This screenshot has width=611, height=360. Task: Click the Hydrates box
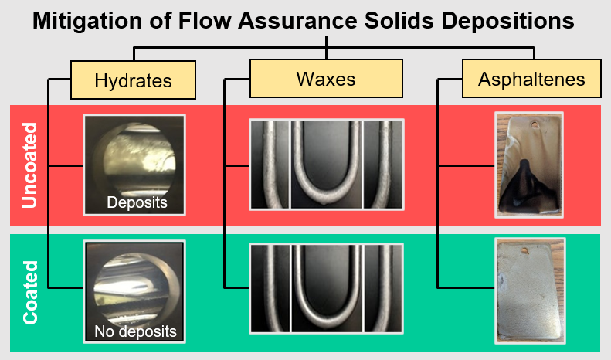[132, 80]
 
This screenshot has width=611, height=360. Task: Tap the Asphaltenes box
[531, 80]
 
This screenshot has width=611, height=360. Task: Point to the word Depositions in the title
[509, 21]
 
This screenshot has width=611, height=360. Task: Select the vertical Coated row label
[30, 292]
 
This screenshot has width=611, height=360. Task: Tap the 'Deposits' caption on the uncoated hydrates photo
[136, 203]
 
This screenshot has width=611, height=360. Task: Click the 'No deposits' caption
[135, 332]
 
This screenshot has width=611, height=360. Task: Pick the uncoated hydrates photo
[134, 164]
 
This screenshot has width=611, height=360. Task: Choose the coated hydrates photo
[134, 292]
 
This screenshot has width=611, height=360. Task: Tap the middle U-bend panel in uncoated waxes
[326, 164]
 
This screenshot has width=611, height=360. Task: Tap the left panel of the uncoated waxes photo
[269, 164]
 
